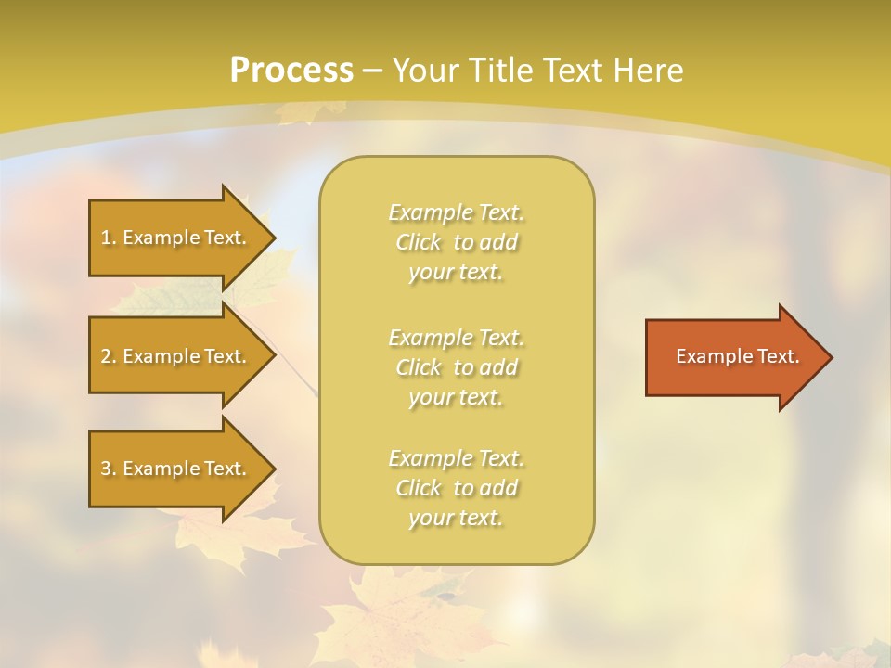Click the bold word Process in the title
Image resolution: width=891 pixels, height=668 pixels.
(x=291, y=71)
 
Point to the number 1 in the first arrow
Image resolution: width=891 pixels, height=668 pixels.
(x=107, y=238)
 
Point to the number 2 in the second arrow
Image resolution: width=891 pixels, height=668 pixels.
(x=107, y=356)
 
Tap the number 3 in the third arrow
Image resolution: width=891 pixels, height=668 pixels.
(x=107, y=469)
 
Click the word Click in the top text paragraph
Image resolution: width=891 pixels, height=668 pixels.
(x=419, y=243)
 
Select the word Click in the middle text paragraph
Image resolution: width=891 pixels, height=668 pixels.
(x=419, y=367)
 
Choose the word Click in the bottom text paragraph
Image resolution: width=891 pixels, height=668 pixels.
(x=419, y=488)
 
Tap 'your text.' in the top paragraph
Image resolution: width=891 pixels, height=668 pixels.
(x=456, y=273)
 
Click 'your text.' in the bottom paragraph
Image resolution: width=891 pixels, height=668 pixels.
(x=456, y=519)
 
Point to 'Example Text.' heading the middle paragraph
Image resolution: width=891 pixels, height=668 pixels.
(x=456, y=337)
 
